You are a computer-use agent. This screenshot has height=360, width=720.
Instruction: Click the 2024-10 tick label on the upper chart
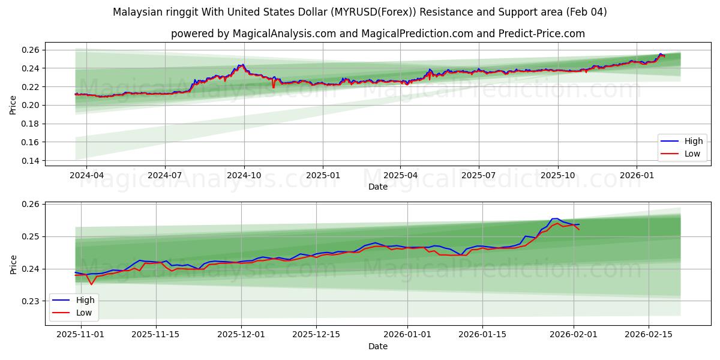coord(244,176)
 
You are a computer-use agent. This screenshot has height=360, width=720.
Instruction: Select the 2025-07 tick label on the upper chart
coord(478,176)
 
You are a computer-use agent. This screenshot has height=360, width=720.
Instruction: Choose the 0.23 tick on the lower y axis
coord(30,301)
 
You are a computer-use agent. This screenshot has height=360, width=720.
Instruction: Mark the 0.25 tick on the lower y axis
coord(30,236)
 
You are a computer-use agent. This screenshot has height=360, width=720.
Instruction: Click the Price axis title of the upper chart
coord(13,105)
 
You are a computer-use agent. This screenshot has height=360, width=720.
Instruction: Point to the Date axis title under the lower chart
coord(378,346)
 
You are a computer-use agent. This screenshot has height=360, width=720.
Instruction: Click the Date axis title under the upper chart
coord(378,187)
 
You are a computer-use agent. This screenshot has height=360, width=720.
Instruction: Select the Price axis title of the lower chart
coord(13,265)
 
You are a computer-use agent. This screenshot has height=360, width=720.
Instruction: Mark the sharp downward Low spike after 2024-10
coord(274,88)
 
